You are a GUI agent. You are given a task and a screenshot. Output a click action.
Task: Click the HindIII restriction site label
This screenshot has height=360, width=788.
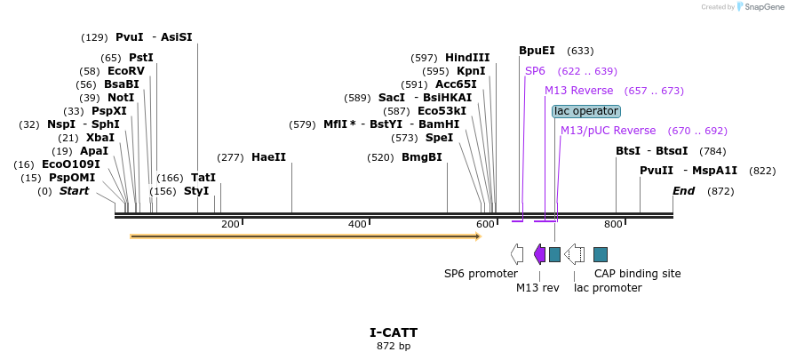pyautogui.click(x=466, y=58)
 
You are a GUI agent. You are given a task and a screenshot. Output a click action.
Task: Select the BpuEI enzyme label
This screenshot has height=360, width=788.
pyautogui.click(x=537, y=51)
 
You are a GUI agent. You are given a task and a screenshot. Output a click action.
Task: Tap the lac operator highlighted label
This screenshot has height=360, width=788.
pyautogui.click(x=585, y=111)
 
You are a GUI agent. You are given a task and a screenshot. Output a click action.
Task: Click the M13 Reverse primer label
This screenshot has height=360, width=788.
pyautogui.click(x=578, y=91)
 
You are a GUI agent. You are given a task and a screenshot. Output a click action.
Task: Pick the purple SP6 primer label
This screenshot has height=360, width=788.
pyautogui.click(x=535, y=71)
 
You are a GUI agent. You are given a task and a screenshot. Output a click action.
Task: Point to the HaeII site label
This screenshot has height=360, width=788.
pyautogui.click(x=268, y=157)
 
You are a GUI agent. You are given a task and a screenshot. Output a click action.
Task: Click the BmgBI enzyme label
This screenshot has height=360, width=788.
pyautogui.click(x=421, y=157)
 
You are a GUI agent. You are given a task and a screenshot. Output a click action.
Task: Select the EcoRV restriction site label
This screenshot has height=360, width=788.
pyautogui.click(x=125, y=71)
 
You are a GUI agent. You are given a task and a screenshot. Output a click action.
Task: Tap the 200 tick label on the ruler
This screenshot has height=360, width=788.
pyautogui.click(x=230, y=225)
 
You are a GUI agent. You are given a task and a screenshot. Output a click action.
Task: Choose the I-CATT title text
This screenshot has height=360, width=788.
pyautogui.click(x=394, y=332)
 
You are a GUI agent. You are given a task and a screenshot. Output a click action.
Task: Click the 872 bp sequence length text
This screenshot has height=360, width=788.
pyautogui.click(x=394, y=346)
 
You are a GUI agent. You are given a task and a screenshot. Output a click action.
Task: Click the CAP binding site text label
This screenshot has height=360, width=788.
pyautogui.click(x=637, y=274)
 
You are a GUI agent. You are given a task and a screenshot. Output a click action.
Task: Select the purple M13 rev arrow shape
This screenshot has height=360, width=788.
pyautogui.click(x=539, y=254)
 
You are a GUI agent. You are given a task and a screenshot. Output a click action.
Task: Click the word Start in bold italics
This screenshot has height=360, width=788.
pyautogui.click(x=74, y=191)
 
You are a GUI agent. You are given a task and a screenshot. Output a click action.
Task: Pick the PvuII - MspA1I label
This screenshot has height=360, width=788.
pyautogui.click(x=689, y=171)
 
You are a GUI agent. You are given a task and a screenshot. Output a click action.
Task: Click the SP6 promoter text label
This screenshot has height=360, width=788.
pyautogui.click(x=481, y=274)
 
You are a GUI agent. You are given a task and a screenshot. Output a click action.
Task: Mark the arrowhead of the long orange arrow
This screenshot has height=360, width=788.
pyautogui.click(x=477, y=236)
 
